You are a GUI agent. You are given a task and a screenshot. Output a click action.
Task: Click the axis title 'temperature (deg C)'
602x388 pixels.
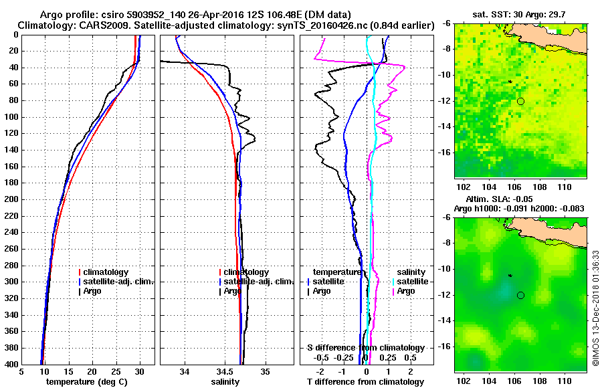[x=87, y=381]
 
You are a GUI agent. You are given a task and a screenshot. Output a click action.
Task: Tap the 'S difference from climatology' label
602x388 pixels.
[x=365, y=348]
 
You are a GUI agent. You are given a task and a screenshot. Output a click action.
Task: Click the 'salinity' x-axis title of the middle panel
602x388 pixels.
[x=225, y=381]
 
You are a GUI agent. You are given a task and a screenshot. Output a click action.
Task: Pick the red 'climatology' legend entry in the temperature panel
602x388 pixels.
[x=106, y=272]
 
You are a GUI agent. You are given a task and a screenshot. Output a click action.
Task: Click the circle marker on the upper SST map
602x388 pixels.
[x=520, y=101]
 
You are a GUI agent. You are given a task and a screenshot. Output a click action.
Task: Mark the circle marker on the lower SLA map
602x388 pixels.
[x=520, y=295]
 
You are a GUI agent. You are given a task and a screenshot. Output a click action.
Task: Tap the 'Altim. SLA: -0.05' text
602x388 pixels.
[x=520, y=200]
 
